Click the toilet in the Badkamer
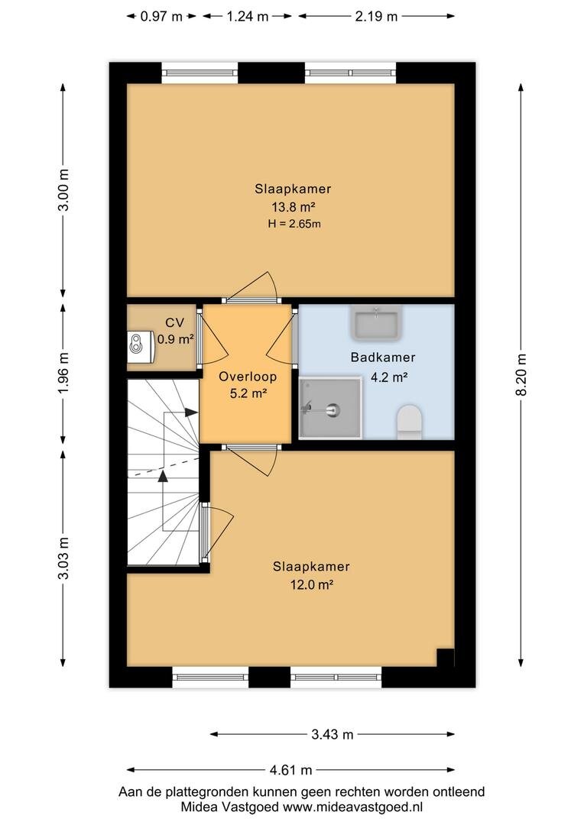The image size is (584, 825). [410, 422]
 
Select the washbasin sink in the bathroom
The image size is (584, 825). [377, 322]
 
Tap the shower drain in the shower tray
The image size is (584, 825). [333, 409]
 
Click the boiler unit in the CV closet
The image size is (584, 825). [140, 346]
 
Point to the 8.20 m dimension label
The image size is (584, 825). [521, 374]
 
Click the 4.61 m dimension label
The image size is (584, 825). [290, 770]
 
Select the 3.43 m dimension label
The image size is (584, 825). [333, 735]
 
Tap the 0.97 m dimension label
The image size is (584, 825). [161, 16]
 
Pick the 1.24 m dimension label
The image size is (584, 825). [248, 16]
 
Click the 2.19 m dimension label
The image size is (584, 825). [376, 16]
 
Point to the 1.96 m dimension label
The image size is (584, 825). [63, 373]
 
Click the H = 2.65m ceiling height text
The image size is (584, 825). [294, 224]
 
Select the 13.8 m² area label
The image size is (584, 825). [293, 206]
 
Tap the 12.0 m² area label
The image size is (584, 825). [312, 584]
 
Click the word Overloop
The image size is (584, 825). [248, 377]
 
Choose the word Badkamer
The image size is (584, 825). [383, 357]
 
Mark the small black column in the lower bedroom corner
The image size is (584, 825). [446, 657]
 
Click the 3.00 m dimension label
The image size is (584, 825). [63, 190]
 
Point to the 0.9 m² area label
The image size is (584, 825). [175, 339]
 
